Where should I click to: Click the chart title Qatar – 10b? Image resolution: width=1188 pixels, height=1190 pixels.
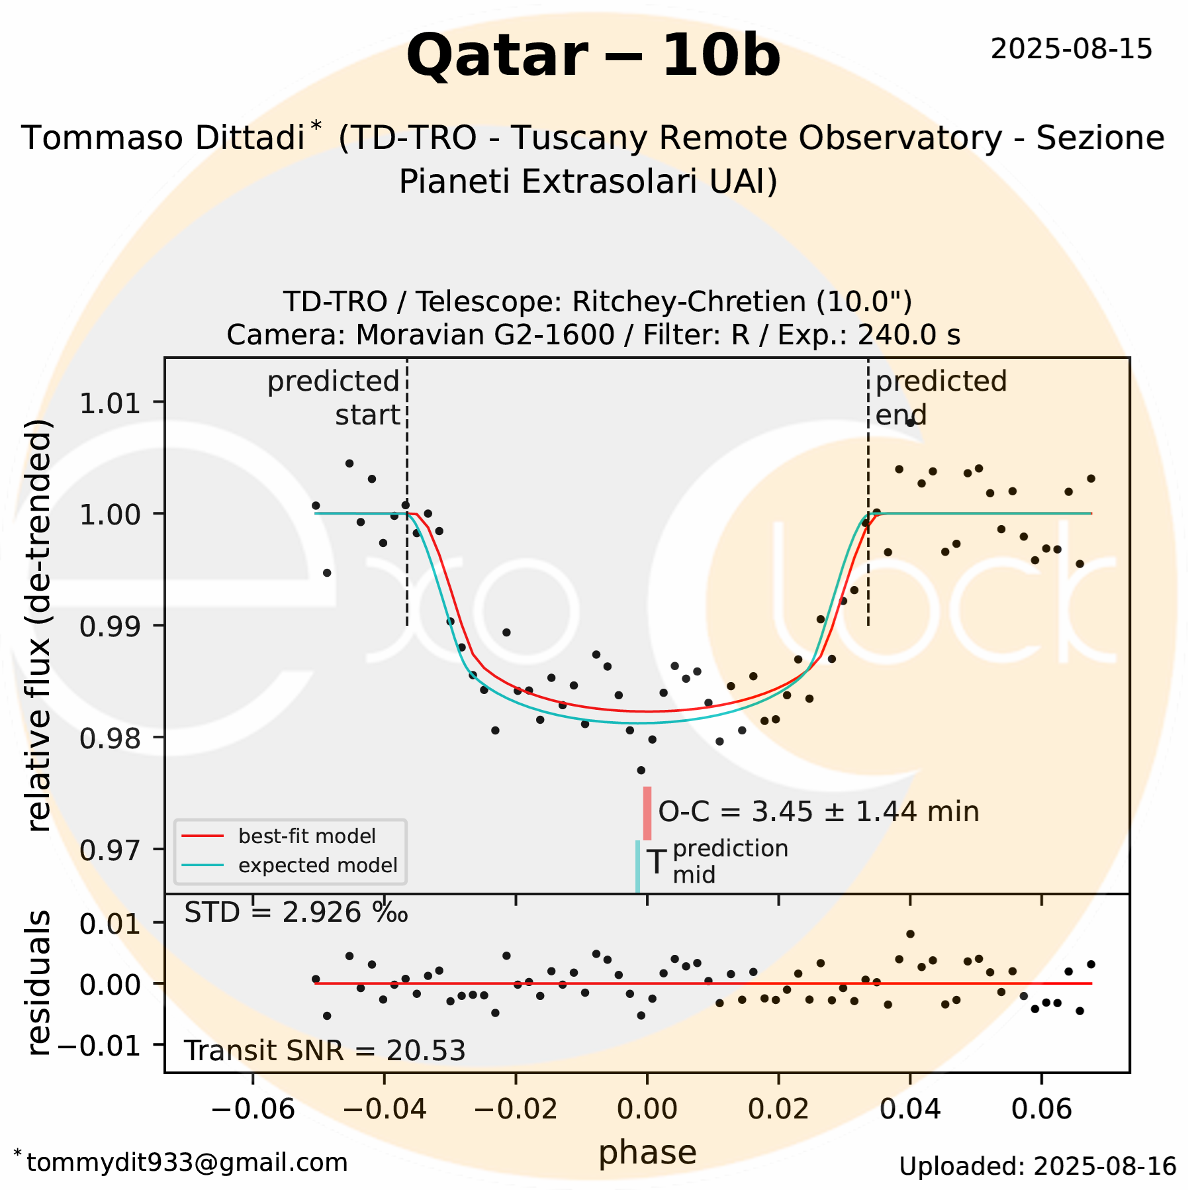pyautogui.click(x=593, y=56)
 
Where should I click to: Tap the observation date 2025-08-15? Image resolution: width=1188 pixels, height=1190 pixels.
pyautogui.click(x=1071, y=50)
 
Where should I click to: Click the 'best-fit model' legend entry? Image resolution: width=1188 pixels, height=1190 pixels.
pyautogui.click(x=306, y=836)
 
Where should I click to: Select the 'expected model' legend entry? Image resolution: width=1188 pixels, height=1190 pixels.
pyautogui.click(x=318, y=866)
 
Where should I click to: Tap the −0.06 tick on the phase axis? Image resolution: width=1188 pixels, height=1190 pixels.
pyautogui.click(x=253, y=1108)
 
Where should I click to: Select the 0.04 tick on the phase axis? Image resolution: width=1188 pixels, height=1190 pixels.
pyautogui.click(x=910, y=1108)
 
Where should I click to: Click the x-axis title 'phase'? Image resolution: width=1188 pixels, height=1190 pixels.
pyautogui.click(x=647, y=1153)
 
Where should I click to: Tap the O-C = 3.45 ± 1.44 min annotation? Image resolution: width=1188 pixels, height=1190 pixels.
pyautogui.click(x=818, y=812)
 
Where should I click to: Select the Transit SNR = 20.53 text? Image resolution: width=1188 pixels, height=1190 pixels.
pyautogui.click(x=324, y=1051)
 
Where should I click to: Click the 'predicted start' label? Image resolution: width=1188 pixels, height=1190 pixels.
pyautogui.click(x=334, y=398)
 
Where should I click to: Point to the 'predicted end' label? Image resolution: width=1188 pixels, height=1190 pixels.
pyautogui.click(x=940, y=398)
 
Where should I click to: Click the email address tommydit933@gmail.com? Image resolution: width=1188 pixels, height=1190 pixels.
pyautogui.click(x=187, y=1163)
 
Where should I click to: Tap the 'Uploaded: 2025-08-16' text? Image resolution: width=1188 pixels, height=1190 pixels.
pyautogui.click(x=1037, y=1167)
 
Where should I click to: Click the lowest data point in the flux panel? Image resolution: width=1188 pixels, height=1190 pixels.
pyautogui.click(x=641, y=770)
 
